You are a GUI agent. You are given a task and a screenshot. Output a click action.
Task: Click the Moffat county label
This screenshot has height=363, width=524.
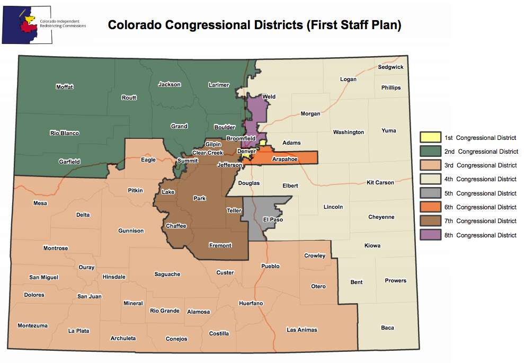click(x=65, y=87)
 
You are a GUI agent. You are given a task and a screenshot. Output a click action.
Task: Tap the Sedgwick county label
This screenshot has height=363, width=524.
click(x=390, y=67)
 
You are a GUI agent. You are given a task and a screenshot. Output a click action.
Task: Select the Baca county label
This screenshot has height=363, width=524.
click(x=387, y=327)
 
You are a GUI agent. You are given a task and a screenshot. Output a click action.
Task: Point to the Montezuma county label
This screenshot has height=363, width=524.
click(x=32, y=325)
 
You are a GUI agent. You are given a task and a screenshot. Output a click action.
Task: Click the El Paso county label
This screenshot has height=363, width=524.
click(x=273, y=219)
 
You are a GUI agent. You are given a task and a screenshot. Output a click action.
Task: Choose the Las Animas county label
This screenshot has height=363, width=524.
click(x=301, y=330)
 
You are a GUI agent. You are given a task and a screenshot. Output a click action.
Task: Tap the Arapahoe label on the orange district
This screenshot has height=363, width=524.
click(x=285, y=158)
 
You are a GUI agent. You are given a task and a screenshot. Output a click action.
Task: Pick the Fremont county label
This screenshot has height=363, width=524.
click(x=221, y=245)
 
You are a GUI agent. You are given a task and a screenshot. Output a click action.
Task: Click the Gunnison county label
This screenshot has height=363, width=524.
click(x=131, y=231)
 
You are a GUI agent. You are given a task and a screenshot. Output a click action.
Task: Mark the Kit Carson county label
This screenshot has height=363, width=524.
click(x=380, y=182)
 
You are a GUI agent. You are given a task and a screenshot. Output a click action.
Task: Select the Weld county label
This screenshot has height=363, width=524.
click(x=269, y=97)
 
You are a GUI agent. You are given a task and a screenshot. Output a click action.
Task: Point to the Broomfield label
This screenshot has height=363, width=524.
click(x=241, y=138)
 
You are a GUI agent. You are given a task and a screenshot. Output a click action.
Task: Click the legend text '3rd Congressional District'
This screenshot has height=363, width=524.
click(x=480, y=165)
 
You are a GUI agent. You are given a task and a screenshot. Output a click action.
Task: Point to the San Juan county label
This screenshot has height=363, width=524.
click(x=89, y=296)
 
